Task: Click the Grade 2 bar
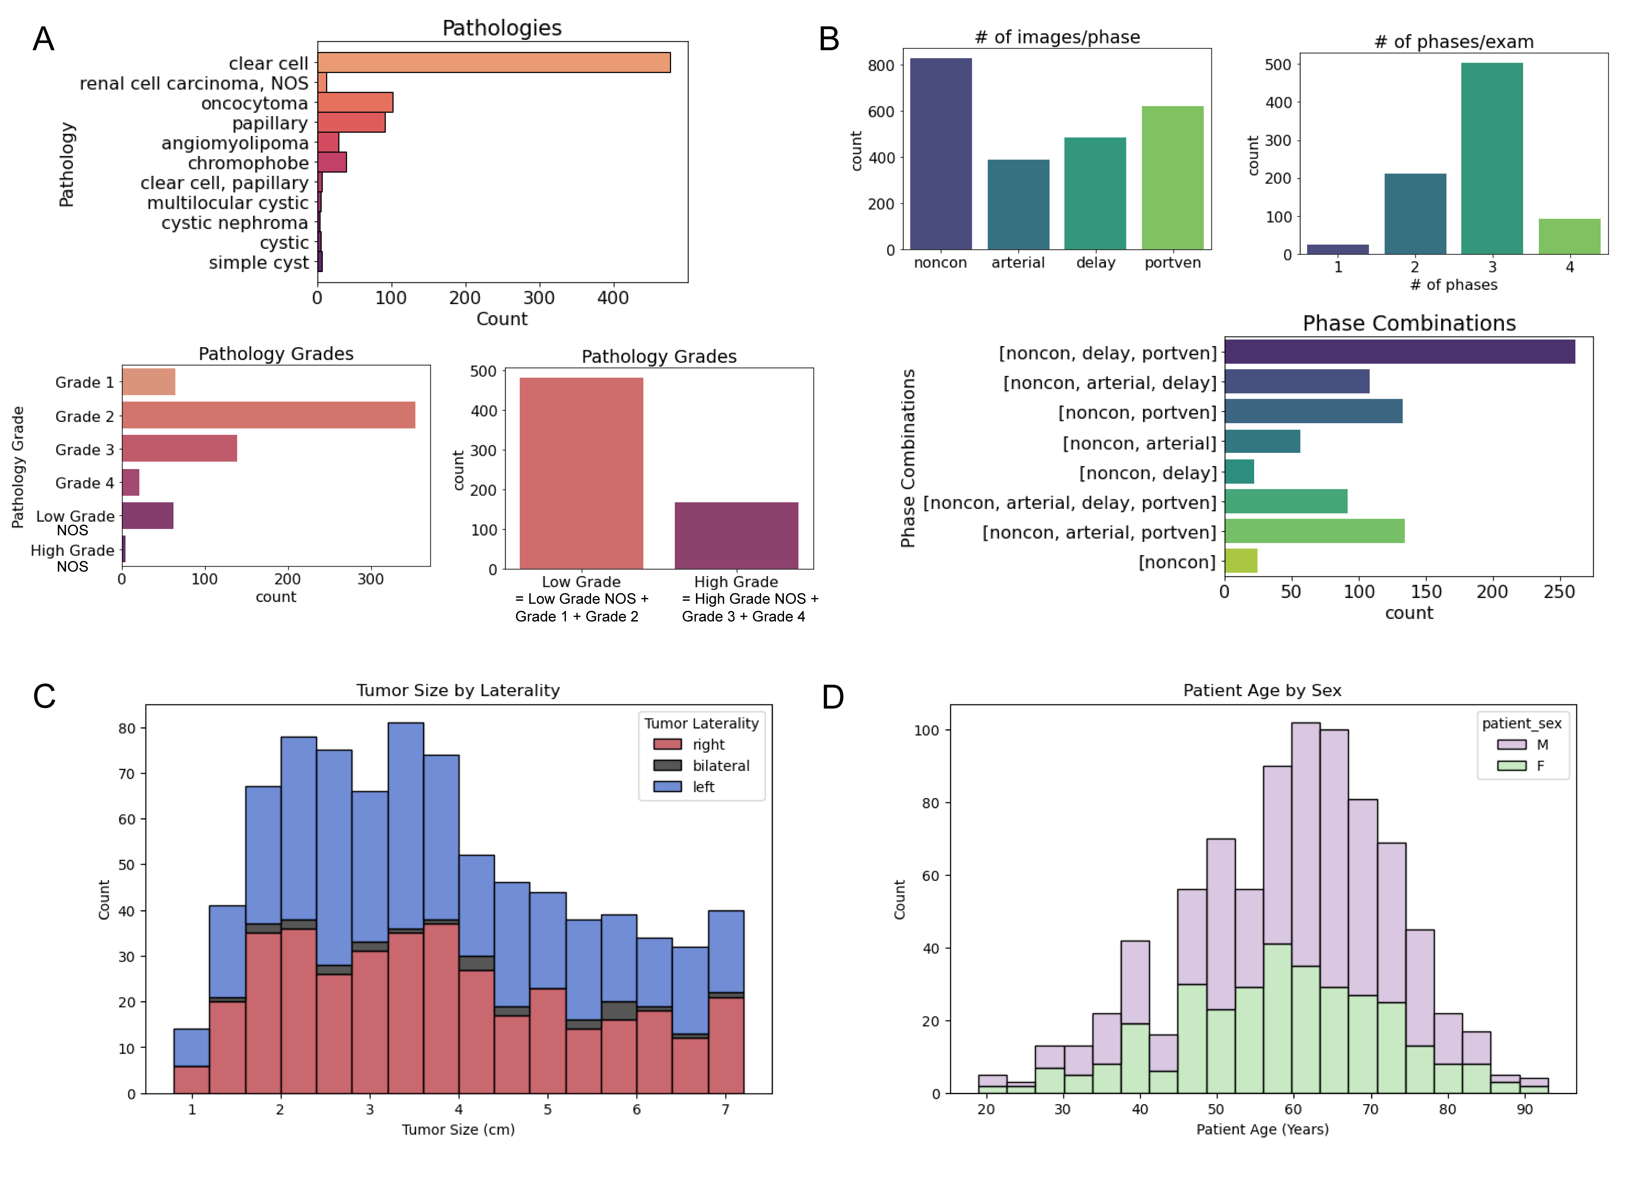pos(268,416)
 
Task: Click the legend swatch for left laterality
pos(667,787)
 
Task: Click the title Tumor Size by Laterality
pos(458,691)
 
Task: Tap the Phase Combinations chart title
pos(1409,323)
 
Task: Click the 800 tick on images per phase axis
pos(881,66)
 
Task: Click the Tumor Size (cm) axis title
pos(458,1129)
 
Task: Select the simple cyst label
pos(258,263)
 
